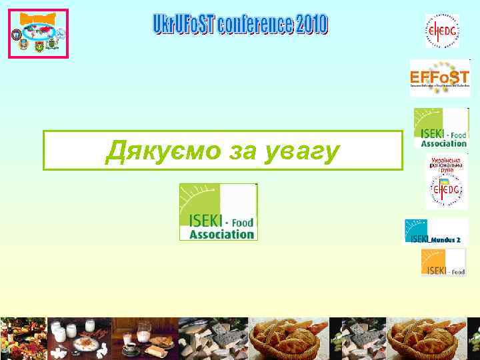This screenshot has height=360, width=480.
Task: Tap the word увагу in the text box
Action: [303, 151]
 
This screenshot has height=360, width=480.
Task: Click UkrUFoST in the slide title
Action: [182, 25]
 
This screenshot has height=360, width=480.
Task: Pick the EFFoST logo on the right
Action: [439, 78]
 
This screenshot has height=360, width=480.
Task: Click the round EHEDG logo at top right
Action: [442, 30]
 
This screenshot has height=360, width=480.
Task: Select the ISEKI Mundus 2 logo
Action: [436, 231]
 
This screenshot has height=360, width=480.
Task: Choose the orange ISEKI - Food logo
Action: [443, 262]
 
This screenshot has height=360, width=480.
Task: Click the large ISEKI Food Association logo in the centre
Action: [218, 211]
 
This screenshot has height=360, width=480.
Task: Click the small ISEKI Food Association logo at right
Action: [441, 128]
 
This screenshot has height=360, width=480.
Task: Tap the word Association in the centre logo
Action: [222, 234]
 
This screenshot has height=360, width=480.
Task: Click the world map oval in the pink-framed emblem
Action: [38, 31]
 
